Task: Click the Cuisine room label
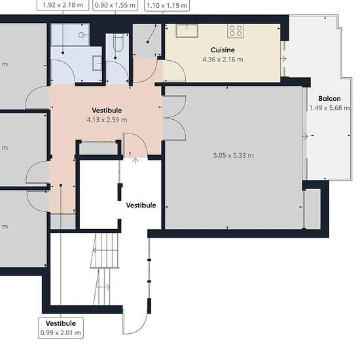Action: [x=223, y=50]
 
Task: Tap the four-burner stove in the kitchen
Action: [x=236, y=31]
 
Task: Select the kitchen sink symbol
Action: [x=187, y=31]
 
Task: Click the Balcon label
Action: [x=329, y=98]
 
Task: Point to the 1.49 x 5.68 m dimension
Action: [x=329, y=108]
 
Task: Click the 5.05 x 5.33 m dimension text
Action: [x=233, y=155]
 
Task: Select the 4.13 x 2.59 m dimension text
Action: [x=107, y=120]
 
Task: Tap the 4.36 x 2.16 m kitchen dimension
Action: [x=223, y=60]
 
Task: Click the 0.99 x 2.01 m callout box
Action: [x=61, y=328]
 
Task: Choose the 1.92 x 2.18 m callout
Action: [x=63, y=5]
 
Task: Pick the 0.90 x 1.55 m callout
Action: [x=115, y=5]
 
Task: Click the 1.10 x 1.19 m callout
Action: [x=167, y=5]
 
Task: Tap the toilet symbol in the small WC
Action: [x=118, y=43]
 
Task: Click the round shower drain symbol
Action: [x=81, y=35]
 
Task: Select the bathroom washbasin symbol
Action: [x=97, y=63]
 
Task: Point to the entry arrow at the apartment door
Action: [x=135, y=161]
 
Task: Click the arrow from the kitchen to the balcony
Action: [x=283, y=59]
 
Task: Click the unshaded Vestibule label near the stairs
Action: [x=141, y=205]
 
